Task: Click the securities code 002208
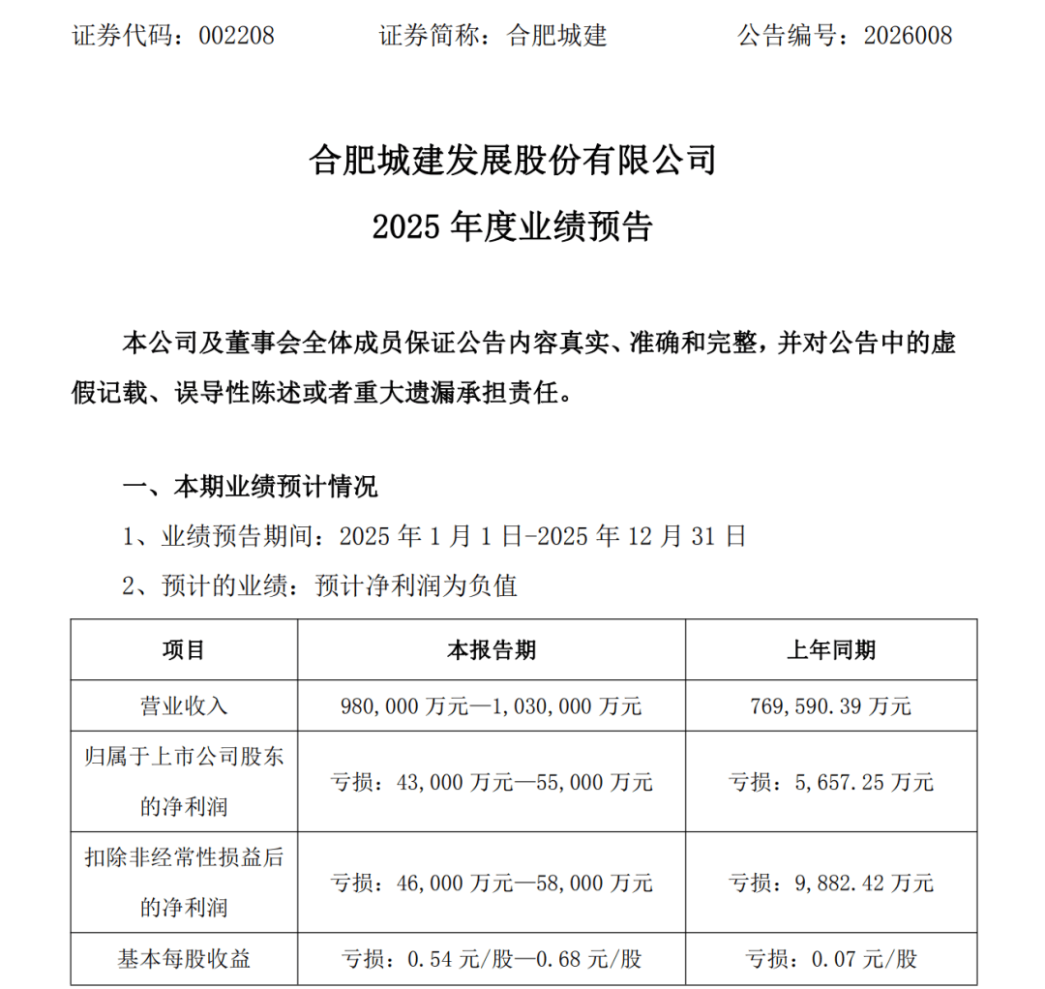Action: pyautogui.click(x=236, y=36)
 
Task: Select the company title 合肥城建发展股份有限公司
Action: pyautogui.click(x=513, y=160)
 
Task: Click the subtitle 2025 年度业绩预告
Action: pyautogui.click(x=513, y=226)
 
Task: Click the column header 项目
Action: pyautogui.click(x=183, y=649)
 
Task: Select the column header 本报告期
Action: pyautogui.click(x=492, y=649)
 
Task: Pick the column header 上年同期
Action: pyautogui.click(x=831, y=649)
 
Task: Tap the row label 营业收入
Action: pyautogui.click(x=183, y=704)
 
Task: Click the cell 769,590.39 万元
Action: pyautogui.click(x=831, y=704)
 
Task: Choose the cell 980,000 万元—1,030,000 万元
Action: pyautogui.click(x=492, y=704)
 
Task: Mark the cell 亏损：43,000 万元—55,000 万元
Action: pyautogui.click(x=492, y=781)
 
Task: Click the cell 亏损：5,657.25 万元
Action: pyautogui.click(x=831, y=781)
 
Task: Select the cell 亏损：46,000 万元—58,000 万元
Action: pyautogui.click(x=492, y=883)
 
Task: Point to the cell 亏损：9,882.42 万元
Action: pyautogui.click(x=831, y=883)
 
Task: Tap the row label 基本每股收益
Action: pyautogui.click(x=183, y=959)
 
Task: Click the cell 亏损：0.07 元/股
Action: pyautogui.click(x=831, y=959)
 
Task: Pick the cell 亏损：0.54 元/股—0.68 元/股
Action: pyautogui.click(x=492, y=959)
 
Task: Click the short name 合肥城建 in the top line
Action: pyautogui.click(x=556, y=36)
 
